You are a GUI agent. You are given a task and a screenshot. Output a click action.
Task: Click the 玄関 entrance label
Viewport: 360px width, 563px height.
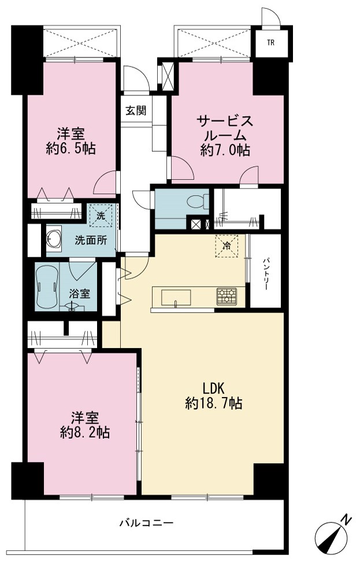136,110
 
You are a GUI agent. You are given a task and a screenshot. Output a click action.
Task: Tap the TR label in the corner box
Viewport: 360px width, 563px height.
270,43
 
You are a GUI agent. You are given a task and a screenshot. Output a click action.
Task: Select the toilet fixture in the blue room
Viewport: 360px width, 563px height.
198,201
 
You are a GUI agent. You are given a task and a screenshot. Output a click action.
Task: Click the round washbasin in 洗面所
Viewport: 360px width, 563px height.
54,238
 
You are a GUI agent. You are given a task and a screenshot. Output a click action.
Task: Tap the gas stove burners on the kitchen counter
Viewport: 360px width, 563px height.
227,297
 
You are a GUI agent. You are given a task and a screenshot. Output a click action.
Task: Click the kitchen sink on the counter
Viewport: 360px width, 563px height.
176,297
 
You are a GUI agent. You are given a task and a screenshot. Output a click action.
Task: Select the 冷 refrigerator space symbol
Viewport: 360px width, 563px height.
227,246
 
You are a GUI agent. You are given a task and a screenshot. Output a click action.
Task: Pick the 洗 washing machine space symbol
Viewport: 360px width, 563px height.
101,216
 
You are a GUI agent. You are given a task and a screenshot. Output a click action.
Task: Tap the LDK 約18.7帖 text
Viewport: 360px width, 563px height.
214,396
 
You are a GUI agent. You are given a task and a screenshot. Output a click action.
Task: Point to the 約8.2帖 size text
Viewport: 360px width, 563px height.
85,433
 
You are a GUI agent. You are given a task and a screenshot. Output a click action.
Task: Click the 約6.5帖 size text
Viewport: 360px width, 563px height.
70,148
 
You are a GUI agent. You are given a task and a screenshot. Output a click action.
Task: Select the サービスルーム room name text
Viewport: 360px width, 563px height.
225,128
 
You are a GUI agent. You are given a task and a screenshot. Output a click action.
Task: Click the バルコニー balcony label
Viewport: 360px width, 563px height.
146,523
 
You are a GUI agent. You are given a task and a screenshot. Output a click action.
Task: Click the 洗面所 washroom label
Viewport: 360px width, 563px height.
91,240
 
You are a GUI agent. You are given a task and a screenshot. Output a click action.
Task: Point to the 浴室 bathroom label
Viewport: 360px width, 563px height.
79,294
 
